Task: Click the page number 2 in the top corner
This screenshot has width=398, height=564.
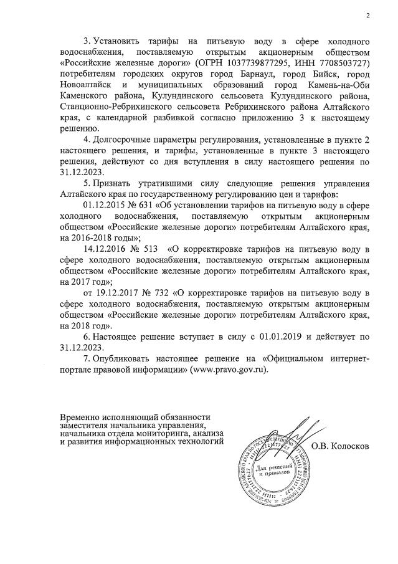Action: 367,16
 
